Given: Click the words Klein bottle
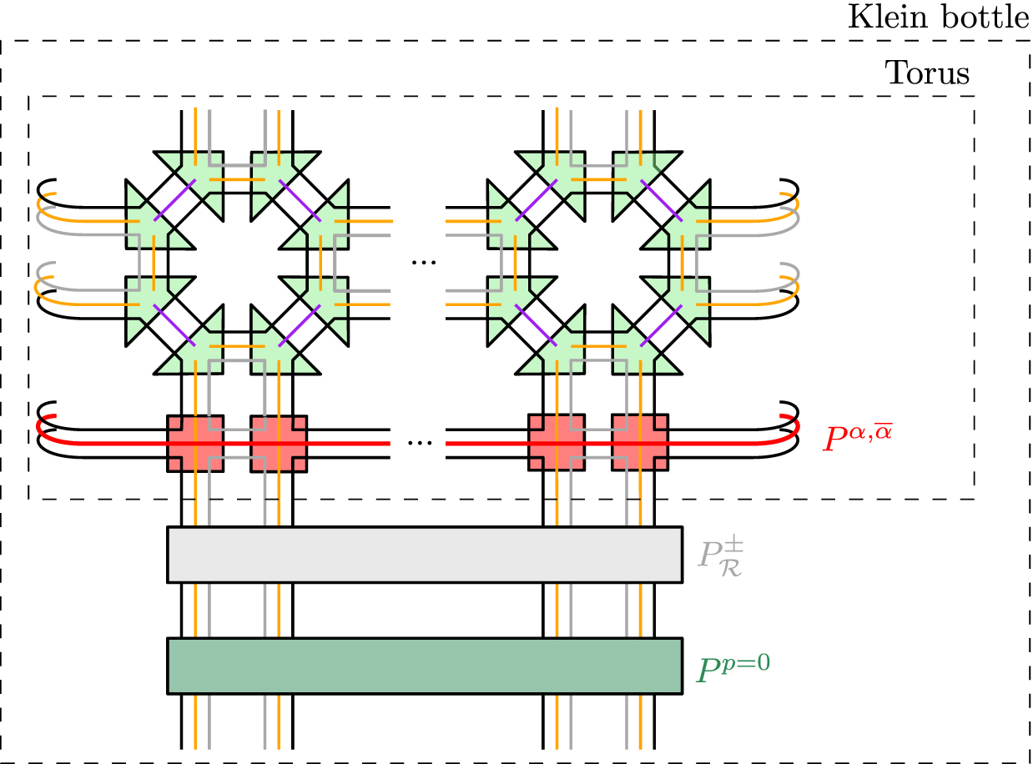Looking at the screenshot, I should tap(938, 18).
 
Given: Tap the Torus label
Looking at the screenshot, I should tap(926, 74).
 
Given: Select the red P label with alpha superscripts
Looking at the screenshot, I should tap(862, 437).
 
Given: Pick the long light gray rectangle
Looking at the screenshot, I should tap(425, 554).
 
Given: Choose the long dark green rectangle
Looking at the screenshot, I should tap(425, 666).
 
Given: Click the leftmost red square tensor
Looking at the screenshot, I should tap(195, 443).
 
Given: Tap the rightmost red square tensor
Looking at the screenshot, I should tap(640, 443).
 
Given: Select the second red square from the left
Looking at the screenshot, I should tap(278, 443).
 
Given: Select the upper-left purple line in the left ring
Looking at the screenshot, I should tap(176, 199).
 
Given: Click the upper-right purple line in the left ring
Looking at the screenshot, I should tap(298, 199).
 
